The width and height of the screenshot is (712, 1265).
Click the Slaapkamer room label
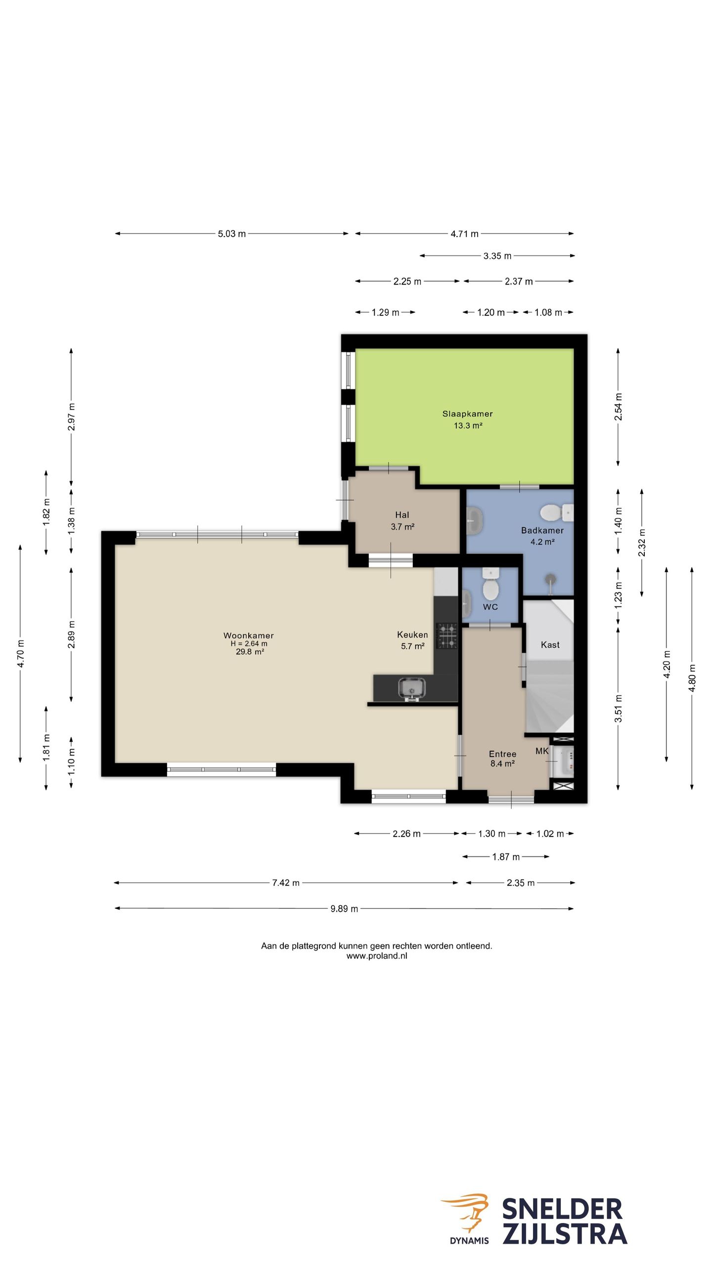coord(467,414)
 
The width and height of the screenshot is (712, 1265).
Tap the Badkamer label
coord(542,530)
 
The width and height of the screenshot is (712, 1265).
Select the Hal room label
coord(402,515)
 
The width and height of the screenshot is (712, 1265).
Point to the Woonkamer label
coord(248,635)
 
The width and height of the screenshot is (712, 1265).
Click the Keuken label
coord(412,634)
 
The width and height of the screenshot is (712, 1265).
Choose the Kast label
coord(550,644)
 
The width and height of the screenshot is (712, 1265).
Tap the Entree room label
coord(502,754)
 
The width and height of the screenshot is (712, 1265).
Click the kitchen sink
coord(411,688)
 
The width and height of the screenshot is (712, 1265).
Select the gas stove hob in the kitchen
coord(446,636)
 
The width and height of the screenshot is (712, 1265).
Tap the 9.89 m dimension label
coord(344,908)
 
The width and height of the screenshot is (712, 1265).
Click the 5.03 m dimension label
coord(232,234)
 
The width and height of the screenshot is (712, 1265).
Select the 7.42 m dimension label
coord(286,883)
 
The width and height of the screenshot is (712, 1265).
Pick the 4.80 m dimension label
coord(692,678)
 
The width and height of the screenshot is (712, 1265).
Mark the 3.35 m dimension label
coord(497,256)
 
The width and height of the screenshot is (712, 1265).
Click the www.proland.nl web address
coord(377,956)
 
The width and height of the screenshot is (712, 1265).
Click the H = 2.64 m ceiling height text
coord(249,643)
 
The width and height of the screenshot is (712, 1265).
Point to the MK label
coord(542,751)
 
